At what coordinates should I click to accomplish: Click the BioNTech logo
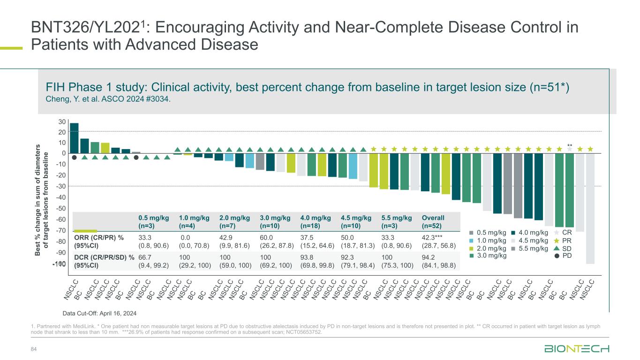(x=577, y=349)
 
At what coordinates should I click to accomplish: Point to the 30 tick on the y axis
(x=62, y=122)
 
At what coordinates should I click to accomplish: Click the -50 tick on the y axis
(x=60, y=209)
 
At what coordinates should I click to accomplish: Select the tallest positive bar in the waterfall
(x=74, y=138)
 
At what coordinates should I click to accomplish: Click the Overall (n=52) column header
(x=433, y=222)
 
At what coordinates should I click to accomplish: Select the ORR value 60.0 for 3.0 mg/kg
(x=266, y=238)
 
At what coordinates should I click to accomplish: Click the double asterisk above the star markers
(x=570, y=145)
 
